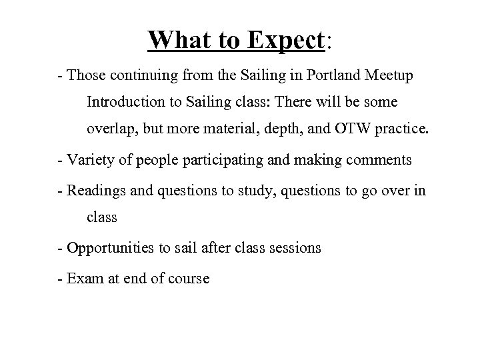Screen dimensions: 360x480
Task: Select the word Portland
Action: (x=336, y=76)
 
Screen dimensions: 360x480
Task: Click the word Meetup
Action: (x=389, y=76)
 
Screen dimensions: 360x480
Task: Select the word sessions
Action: (x=296, y=248)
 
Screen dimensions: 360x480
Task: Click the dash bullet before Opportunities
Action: (x=61, y=249)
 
